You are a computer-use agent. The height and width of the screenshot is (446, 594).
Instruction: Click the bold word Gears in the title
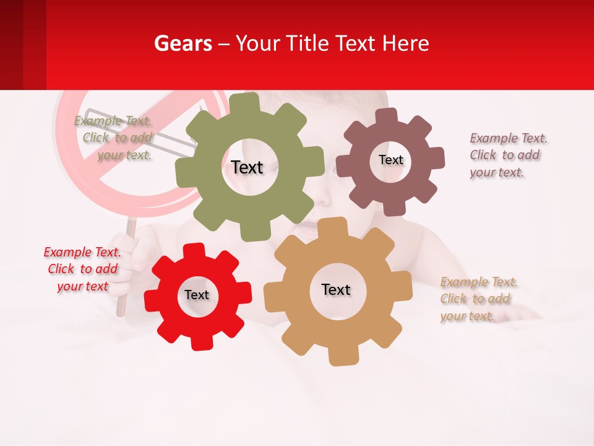[183, 43]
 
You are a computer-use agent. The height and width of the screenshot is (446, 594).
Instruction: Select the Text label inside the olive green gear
[247, 167]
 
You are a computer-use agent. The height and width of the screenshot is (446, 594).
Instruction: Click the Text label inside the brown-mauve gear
[390, 160]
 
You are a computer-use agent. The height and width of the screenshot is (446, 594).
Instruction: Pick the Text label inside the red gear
[197, 295]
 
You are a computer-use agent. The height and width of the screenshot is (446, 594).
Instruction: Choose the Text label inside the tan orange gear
[336, 289]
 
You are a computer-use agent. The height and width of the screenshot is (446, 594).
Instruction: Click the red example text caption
[83, 269]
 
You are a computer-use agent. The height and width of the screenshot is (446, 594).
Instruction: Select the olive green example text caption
[115, 138]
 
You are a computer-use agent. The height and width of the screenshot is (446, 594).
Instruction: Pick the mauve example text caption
[508, 155]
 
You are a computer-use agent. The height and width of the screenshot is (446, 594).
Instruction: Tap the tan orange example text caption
[478, 299]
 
